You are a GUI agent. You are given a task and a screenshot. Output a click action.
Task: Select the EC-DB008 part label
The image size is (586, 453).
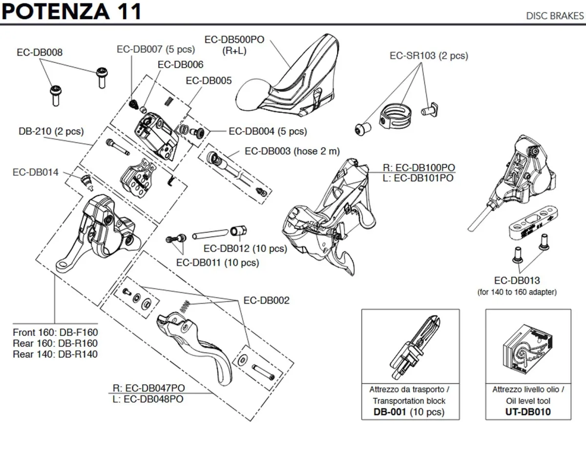(40, 52)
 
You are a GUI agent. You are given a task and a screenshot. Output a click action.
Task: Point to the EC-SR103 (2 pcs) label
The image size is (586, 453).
(428, 56)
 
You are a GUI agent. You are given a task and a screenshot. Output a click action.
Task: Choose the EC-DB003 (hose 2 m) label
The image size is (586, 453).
(292, 151)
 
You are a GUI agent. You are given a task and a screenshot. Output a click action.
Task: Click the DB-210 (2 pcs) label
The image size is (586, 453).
(51, 131)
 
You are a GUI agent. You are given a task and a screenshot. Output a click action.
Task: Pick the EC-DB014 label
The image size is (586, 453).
(35, 172)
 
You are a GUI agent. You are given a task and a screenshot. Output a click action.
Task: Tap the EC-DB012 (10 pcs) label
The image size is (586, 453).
(245, 248)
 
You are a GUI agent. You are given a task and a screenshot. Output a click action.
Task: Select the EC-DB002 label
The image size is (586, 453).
(266, 300)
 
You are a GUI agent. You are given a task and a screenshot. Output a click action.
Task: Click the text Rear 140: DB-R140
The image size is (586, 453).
(55, 354)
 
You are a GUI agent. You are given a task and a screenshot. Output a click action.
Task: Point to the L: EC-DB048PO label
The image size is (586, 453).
(148, 399)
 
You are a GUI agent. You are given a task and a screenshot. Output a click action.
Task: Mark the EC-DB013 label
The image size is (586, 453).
(517, 281)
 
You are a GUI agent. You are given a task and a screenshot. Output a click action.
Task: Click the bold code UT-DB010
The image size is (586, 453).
(528, 412)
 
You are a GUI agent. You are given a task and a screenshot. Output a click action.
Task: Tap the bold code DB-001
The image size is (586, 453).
(390, 412)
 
